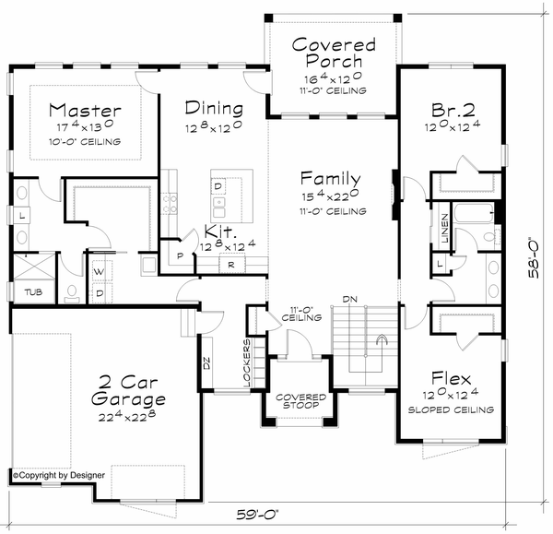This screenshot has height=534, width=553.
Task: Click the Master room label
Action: point(85,110)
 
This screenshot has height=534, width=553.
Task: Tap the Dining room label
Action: point(214,108)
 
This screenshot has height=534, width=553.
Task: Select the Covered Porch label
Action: point(334,53)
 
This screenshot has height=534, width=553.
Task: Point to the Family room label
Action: point(331,178)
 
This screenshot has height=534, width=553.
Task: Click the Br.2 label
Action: point(453,110)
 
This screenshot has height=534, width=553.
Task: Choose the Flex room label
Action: point(451,378)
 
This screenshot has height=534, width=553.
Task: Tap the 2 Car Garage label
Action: point(128,391)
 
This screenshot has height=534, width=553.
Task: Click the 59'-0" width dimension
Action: point(257,515)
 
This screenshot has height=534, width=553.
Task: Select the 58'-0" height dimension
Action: point(534,259)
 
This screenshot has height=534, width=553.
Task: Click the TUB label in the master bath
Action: point(33,292)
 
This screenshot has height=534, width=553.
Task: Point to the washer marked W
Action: point(100,272)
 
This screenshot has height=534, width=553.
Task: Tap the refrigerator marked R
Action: point(231,265)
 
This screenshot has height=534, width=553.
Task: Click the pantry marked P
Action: point(181,255)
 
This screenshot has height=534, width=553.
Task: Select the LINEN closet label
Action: point(444,229)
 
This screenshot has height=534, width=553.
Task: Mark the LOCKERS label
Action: point(246,363)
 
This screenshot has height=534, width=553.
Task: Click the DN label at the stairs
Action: point(350,300)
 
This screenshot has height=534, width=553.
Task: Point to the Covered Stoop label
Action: point(300,401)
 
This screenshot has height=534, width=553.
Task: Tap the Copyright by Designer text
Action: point(59,475)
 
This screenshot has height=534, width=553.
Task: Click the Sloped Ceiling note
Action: point(451,410)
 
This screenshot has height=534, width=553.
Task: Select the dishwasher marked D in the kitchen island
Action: point(218,186)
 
